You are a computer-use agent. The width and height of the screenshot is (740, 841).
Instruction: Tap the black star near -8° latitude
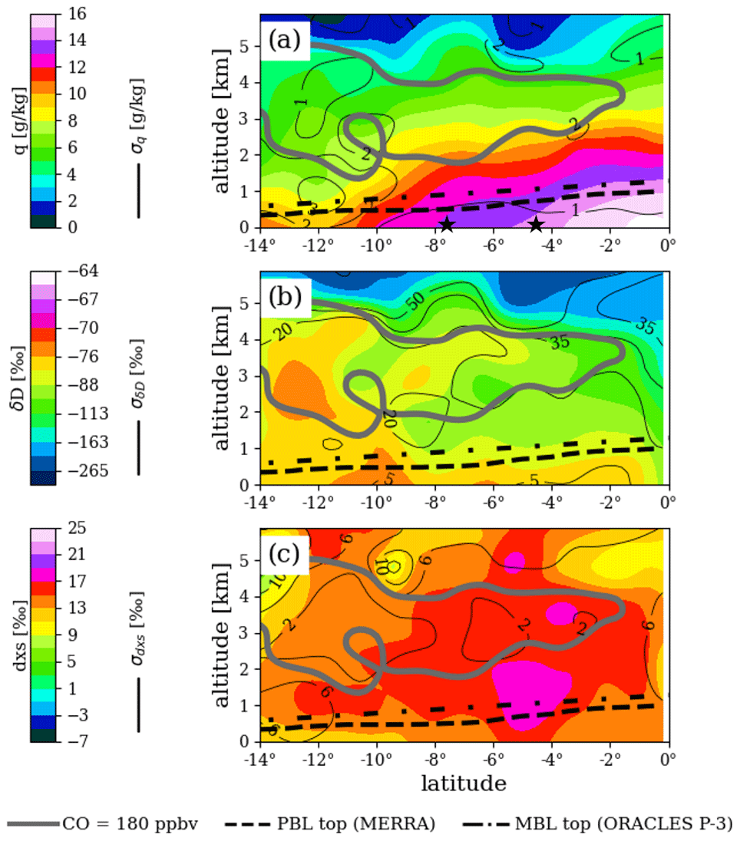(447, 225)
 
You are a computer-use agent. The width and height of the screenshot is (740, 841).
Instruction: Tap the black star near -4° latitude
(536, 224)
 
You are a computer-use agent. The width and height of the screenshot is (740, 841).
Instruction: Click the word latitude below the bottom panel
(464, 783)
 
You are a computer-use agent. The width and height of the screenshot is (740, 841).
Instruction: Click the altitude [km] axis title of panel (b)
(224, 378)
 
